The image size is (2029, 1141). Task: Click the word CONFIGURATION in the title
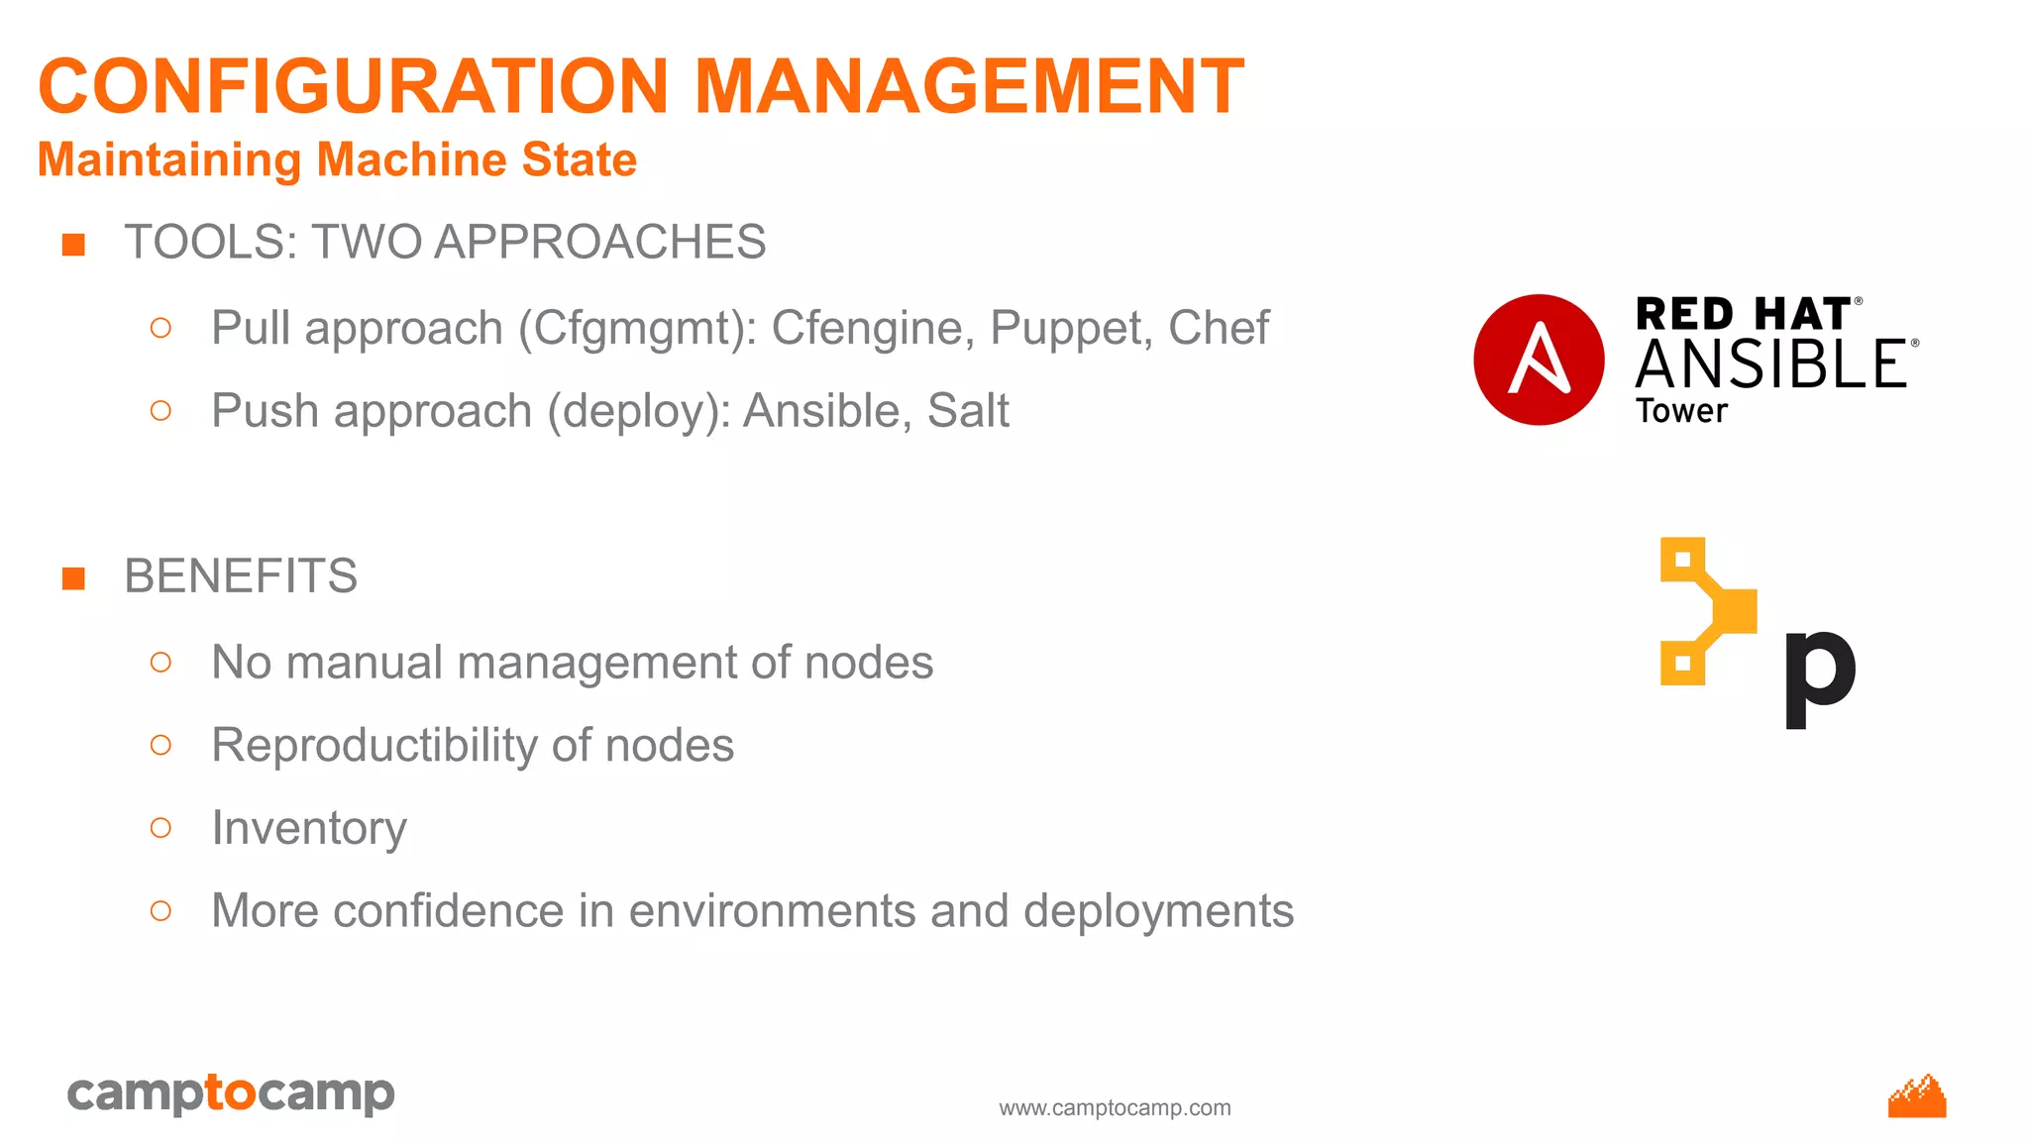354,86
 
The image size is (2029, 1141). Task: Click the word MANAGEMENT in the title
968,86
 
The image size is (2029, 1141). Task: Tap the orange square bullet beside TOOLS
73,244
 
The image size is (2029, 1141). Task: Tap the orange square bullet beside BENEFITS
73,577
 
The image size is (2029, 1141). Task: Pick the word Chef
1218,328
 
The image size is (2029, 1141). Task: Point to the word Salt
968,410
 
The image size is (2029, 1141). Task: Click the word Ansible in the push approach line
827,410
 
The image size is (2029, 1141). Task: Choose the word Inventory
309,828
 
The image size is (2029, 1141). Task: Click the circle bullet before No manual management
160,663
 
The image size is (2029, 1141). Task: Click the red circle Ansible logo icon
1539,360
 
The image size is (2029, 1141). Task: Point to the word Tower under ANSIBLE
1681,411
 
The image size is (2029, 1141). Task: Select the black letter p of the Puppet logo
1819,675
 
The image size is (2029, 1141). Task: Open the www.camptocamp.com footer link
1115,1107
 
